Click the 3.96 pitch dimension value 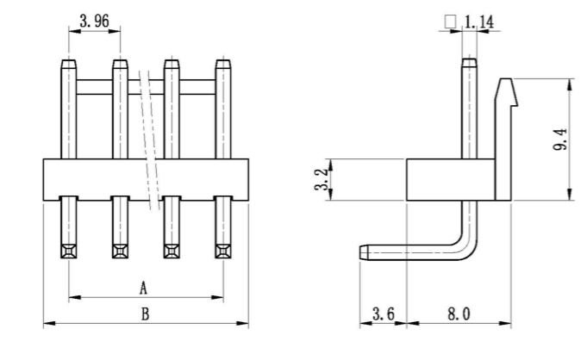94,22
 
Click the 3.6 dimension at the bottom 384,314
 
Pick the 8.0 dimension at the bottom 458,314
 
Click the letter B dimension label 144,314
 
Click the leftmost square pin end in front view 68,251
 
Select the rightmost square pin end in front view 223,251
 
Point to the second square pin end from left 120,251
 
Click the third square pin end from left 172,251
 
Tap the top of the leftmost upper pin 68,63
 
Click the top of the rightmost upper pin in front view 223,63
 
